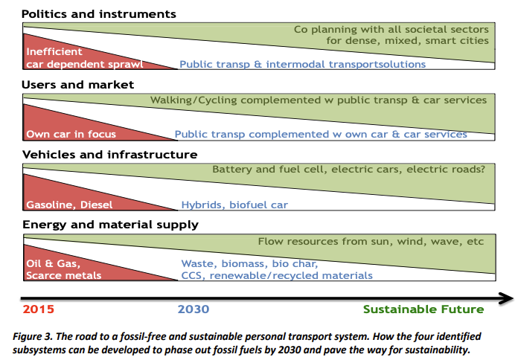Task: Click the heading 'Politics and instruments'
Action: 99,14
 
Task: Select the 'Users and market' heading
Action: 77,85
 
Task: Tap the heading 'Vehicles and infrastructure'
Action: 109,155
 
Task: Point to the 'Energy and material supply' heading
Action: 110,225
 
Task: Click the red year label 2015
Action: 38,309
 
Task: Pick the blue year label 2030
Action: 194,309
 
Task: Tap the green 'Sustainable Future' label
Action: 423,309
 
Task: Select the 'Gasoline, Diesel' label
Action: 69,205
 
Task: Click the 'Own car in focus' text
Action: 71,134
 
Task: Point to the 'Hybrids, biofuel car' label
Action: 234,205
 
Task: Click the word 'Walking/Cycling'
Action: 194,100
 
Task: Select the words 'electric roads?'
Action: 446,169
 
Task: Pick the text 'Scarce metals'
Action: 64,275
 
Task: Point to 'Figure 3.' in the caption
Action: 33,336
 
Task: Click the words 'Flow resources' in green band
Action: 298,242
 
